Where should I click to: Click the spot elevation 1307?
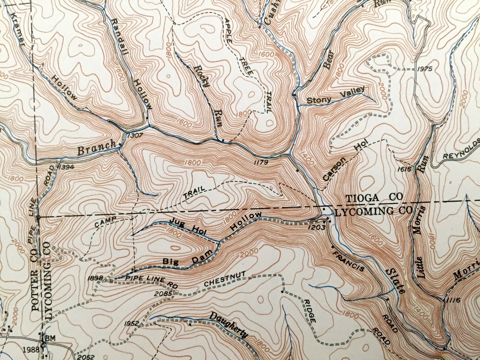(135, 136)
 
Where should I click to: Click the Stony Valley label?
(336, 96)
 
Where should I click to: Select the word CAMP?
(105, 222)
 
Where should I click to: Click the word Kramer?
(18, 29)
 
